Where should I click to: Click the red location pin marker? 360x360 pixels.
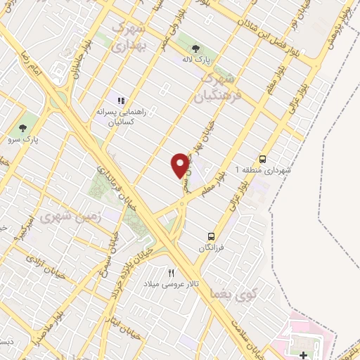coord(181,165)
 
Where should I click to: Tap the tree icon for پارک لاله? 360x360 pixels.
coord(195,49)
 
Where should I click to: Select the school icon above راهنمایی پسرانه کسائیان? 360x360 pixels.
coord(121,101)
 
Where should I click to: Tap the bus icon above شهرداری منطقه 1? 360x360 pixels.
coord(263,159)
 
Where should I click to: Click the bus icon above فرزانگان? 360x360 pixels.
coord(211,236)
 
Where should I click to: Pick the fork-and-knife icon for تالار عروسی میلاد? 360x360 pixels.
coord(172,273)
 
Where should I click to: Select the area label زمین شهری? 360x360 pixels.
coord(73,219)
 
